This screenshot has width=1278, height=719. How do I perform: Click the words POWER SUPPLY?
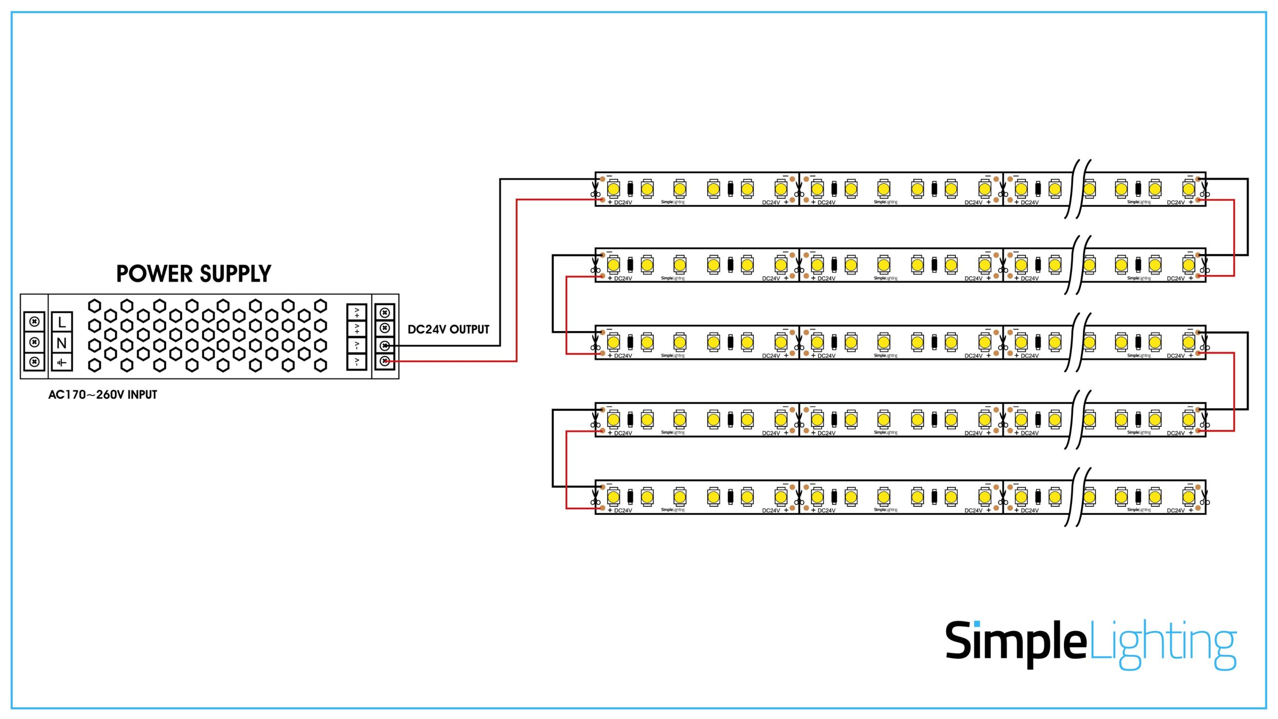pos(194,274)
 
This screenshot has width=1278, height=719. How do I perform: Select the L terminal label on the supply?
pos(62,322)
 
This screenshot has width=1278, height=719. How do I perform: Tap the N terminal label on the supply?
pos(62,343)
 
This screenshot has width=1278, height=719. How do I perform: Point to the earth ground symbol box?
pos(62,362)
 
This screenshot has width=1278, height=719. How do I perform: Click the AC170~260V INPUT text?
pos(102,394)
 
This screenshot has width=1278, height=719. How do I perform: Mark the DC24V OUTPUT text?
pos(448,330)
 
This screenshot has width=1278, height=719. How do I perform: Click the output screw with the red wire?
pos(384,361)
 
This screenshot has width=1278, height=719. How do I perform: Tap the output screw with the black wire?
pos(384,345)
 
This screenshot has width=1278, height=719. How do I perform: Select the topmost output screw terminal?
pos(384,313)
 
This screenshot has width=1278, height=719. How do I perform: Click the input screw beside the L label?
pos(34,322)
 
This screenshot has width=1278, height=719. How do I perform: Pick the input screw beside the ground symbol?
pos(34,361)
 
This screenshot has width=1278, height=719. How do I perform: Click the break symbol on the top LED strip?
pos(1078,189)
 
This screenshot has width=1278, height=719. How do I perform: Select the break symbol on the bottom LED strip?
pos(1078,497)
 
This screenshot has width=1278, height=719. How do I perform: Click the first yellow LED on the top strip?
pos(614,189)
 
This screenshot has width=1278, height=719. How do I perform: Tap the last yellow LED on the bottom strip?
pos(1189,497)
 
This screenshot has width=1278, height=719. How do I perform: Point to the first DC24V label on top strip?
pos(623,203)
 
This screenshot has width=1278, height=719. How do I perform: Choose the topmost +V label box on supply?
pos(356,313)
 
